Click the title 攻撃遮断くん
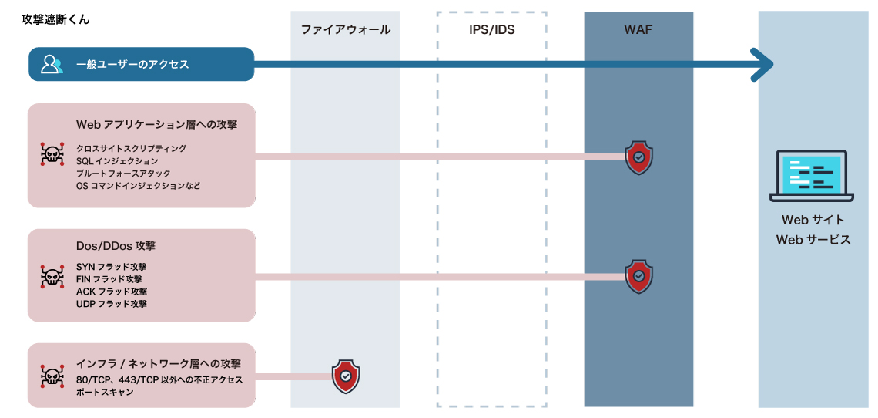pos(55,19)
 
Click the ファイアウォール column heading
pos(345,30)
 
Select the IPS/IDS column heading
pos(491,30)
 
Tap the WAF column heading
pos(638,30)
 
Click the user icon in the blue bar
pos(52,64)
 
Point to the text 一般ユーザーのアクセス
pos(132,65)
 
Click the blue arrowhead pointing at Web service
pos(762,64)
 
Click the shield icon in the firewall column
pos(346,376)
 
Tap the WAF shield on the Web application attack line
pos(638,157)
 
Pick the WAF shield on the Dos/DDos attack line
pos(638,276)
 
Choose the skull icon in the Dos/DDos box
pos(52,276)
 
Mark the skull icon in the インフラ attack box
pos(52,377)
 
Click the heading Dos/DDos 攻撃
pos(116,247)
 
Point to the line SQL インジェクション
pos(117,161)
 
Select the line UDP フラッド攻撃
pos(112,304)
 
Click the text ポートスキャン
pos(105,393)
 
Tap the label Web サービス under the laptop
pos(813,240)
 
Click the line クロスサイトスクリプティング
pos(131,148)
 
